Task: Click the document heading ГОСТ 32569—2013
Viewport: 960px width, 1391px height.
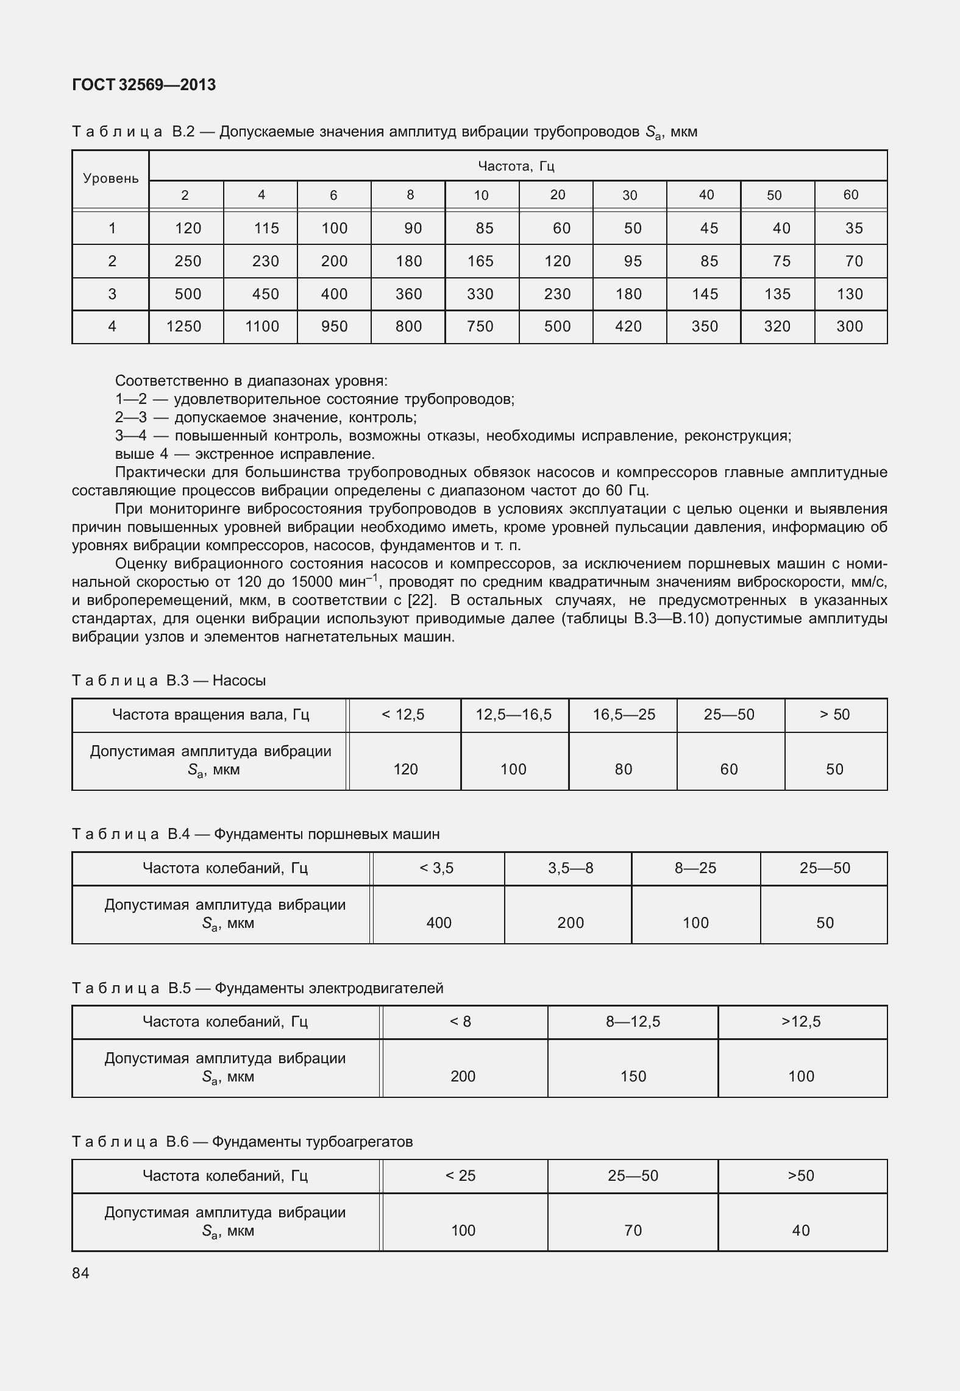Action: pyautogui.click(x=144, y=85)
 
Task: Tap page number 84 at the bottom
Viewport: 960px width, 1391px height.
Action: pyautogui.click(x=80, y=1273)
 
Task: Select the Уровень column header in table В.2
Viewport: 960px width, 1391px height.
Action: pyautogui.click(x=111, y=179)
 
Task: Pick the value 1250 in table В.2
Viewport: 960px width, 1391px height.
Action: pyautogui.click(x=184, y=327)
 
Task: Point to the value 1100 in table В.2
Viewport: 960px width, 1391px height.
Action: pyautogui.click(x=262, y=327)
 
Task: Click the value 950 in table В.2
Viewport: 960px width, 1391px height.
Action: pyautogui.click(x=335, y=327)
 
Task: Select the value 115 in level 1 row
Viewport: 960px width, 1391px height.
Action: pyautogui.click(x=266, y=228)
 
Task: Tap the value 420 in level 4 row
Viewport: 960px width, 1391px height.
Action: pyautogui.click(x=628, y=327)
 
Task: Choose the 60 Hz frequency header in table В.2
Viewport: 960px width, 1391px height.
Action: pyautogui.click(x=851, y=195)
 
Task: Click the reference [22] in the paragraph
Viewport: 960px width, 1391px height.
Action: pyautogui.click(x=422, y=600)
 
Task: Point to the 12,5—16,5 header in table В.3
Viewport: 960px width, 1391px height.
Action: pyautogui.click(x=514, y=715)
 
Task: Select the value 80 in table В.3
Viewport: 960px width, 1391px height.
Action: pyautogui.click(x=623, y=770)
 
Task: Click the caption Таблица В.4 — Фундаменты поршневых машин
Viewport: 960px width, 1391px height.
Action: pyautogui.click(x=256, y=834)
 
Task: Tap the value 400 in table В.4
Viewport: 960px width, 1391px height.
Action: pyautogui.click(x=439, y=923)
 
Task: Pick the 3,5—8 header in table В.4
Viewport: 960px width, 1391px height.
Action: pyautogui.click(x=571, y=868)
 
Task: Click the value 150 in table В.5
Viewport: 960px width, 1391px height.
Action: pyautogui.click(x=633, y=1077)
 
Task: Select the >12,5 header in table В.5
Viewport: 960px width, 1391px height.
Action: pyautogui.click(x=802, y=1022)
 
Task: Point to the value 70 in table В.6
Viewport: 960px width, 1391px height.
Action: pyautogui.click(x=633, y=1231)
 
